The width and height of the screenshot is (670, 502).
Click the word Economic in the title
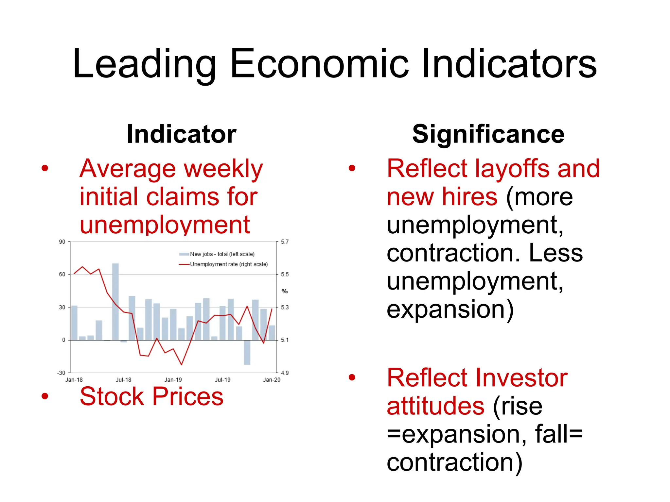(319, 64)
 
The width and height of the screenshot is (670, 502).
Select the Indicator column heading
(182, 134)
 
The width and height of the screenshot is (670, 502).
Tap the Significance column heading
(488, 134)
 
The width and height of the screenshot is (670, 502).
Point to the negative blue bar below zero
(247, 352)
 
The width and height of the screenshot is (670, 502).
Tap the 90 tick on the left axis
(62, 242)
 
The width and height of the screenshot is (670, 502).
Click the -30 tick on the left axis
(61, 373)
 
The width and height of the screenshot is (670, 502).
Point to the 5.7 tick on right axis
(285, 242)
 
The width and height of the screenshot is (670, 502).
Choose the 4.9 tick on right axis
(285, 373)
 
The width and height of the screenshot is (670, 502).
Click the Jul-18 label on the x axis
(123, 380)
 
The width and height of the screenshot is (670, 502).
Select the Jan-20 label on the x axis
(272, 380)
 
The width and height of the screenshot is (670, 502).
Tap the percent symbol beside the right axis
(285, 291)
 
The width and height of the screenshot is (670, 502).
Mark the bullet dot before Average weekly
(45, 169)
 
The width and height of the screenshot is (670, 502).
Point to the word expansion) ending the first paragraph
(450, 310)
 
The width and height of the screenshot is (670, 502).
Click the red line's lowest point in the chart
(181, 364)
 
